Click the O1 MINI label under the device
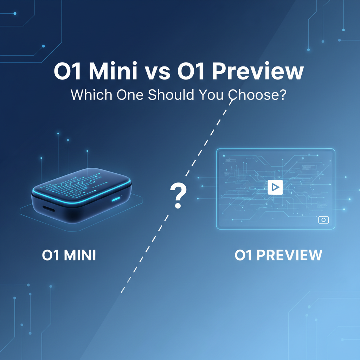[x=69, y=255]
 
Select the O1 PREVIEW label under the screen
[x=278, y=255]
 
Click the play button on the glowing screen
[x=275, y=187]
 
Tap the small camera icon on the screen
[x=323, y=220]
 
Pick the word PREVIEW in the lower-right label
[x=289, y=255]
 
